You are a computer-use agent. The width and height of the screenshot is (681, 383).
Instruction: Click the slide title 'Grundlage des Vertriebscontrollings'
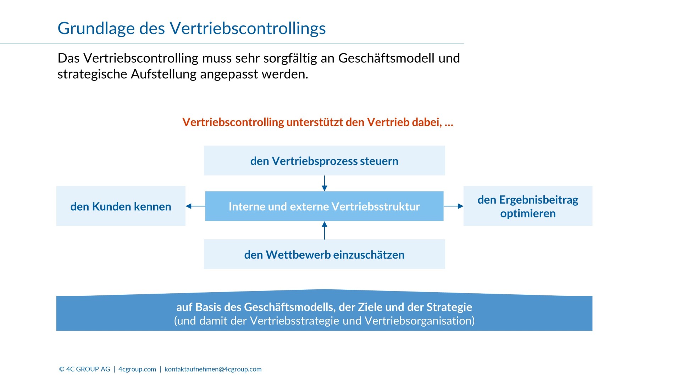pos(192,29)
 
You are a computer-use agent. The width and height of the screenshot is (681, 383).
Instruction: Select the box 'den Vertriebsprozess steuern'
pos(324,160)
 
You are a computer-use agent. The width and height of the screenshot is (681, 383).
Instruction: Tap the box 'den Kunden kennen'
pos(121,206)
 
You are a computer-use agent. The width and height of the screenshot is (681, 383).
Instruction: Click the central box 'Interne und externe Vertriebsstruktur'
pos(324,206)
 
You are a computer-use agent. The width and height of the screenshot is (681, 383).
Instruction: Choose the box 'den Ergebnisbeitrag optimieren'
pos(528,206)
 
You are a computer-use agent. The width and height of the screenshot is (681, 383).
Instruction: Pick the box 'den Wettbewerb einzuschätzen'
pos(324,254)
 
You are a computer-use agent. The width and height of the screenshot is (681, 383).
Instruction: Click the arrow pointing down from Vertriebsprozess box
pos(324,183)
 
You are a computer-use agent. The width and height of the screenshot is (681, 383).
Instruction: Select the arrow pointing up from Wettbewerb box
pos(324,230)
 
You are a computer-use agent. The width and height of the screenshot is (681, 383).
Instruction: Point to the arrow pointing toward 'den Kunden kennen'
pos(195,206)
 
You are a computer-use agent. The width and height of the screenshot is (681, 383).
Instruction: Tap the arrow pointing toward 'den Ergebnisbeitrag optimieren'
pos(453,206)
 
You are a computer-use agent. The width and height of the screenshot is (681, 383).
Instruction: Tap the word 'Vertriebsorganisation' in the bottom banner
pos(419,321)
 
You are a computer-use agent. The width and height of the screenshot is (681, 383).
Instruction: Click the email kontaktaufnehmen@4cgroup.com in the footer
pos(213,369)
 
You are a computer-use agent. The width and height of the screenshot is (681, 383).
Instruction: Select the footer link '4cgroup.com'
pos(137,369)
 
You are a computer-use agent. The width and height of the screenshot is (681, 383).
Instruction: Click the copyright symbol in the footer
pos(62,369)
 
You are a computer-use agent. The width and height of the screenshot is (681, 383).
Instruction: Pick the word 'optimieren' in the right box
pos(528,213)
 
